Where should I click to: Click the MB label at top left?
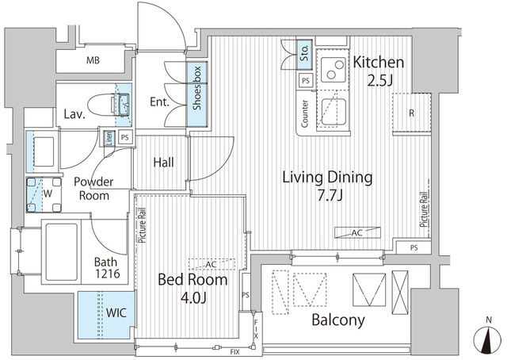pyautogui.click(x=93, y=59)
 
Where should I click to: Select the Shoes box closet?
pyautogui.click(x=195, y=93)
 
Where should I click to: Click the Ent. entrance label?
pyautogui.click(x=160, y=102)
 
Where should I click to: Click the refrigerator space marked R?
pyautogui.click(x=411, y=113)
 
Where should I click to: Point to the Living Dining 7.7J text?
pyautogui.click(x=327, y=185)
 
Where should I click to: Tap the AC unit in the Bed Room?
pyautogui.click(x=208, y=265)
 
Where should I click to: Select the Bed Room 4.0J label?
pyautogui.click(x=193, y=289)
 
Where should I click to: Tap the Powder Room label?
pyautogui.click(x=93, y=188)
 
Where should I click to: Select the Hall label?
pyautogui.click(x=164, y=163)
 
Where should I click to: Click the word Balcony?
pyautogui.click(x=338, y=320)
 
